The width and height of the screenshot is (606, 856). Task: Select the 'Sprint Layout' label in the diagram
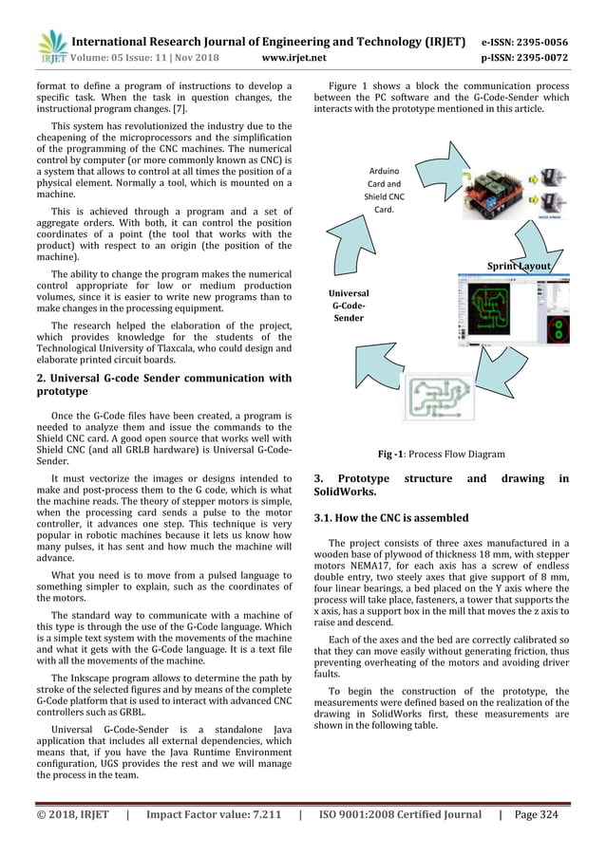click(x=519, y=266)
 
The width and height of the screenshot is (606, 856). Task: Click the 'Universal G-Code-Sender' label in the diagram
click(x=350, y=307)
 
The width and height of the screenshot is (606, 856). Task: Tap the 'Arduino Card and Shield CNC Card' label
click(x=384, y=191)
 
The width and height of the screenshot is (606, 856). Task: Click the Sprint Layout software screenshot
click(x=514, y=318)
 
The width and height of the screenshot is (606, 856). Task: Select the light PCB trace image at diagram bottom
click(x=443, y=398)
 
